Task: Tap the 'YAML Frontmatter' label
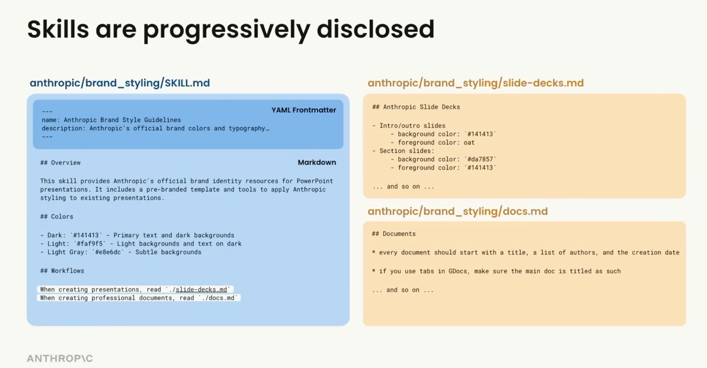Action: click(x=304, y=110)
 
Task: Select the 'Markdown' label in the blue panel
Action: click(x=317, y=162)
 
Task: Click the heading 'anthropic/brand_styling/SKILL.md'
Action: click(x=120, y=83)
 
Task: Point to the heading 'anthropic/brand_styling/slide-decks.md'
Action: click(x=476, y=83)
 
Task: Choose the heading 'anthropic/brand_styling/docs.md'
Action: click(x=457, y=211)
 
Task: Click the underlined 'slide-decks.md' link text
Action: click(x=201, y=289)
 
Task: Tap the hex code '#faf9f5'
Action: click(x=90, y=244)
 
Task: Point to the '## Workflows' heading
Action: click(x=62, y=271)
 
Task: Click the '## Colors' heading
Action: click(x=57, y=216)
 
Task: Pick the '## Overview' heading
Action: click(x=60, y=163)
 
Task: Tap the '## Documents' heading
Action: click(x=394, y=234)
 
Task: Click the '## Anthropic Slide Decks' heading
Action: click(x=416, y=107)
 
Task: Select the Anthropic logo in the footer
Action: click(x=60, y=358)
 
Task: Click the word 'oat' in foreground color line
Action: click(x=469, y=142)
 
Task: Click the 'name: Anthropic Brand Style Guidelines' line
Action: click(x=111, y=120)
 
